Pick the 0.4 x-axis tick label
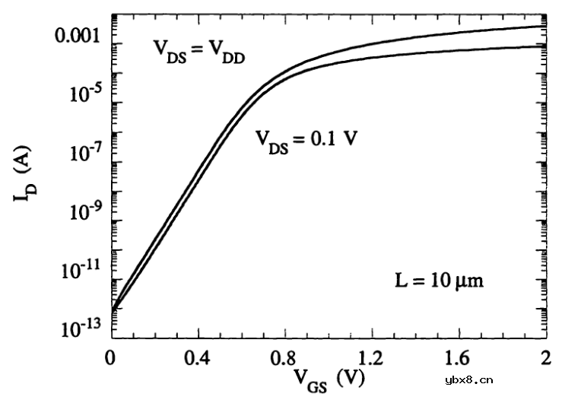198,357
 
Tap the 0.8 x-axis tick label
284,357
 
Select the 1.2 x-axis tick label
371,357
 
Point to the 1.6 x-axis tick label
458,357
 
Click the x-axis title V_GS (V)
329,379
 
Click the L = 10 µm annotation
439,281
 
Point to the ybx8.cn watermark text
470,381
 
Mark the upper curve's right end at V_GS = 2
545,27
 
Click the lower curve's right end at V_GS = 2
545,47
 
